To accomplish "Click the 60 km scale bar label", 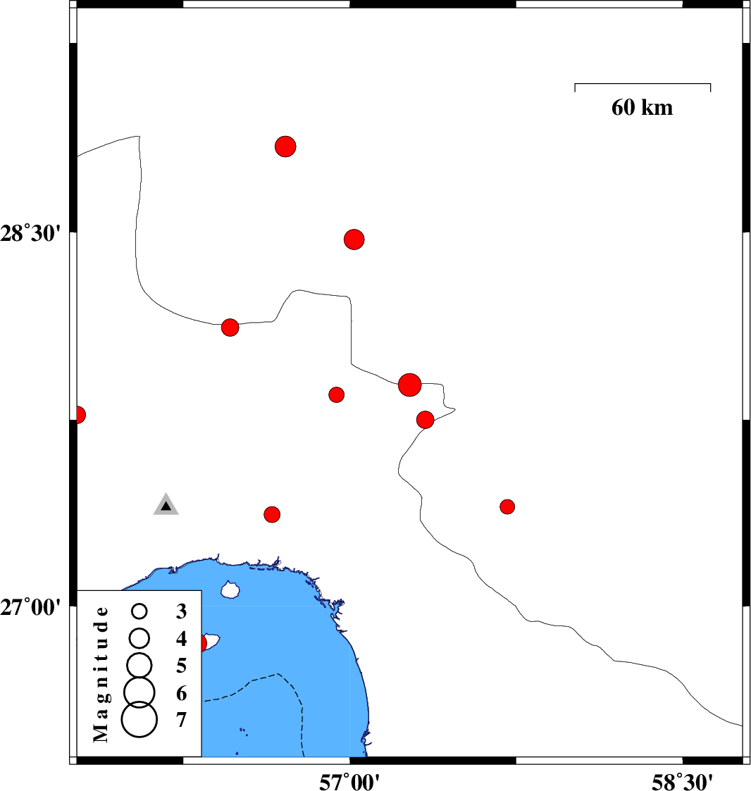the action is (x=642, y=108).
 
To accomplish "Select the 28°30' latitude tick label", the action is (x=30, y=234).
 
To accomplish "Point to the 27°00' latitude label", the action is (x=30, y=607).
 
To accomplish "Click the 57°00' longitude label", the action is (x=349, y=782).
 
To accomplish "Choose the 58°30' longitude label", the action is (x=682, y=782).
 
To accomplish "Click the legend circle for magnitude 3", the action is (x=139, y=611).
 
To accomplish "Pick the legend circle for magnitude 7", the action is (x=139, y=719).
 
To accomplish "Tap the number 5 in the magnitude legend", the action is (x=181, y=666).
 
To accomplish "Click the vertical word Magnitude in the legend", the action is (x=101, y=675).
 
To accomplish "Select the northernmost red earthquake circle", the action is (x=285, y=147).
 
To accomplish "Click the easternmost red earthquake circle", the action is (x=507, y=506).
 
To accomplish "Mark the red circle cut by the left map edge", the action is (x=80, y=415).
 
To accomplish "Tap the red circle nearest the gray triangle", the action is (x=272, y=515).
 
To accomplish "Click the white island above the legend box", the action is (x=230, y=590).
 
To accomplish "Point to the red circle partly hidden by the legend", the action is (x=203, y=643).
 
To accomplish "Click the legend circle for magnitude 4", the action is (x=139, y=638).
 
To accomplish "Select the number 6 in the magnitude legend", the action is (x=181, y=694).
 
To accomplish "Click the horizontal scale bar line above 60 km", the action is (x=643, y=84).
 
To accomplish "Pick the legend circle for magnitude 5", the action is (x=139, y=664).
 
